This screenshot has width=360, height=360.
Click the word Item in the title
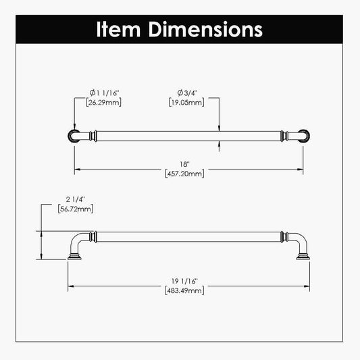(x=118, y=29)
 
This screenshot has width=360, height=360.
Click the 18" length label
(x=184, y=164)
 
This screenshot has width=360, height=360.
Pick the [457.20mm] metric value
(x=184, y=174)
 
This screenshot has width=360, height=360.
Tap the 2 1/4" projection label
(x=76, y=200)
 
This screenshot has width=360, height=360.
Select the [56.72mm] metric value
(x=76, y=209)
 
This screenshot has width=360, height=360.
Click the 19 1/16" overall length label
(x=184, y=282)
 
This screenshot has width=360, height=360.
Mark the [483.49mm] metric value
(x=184, y=291)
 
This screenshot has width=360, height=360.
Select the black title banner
(x=180, y=29)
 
